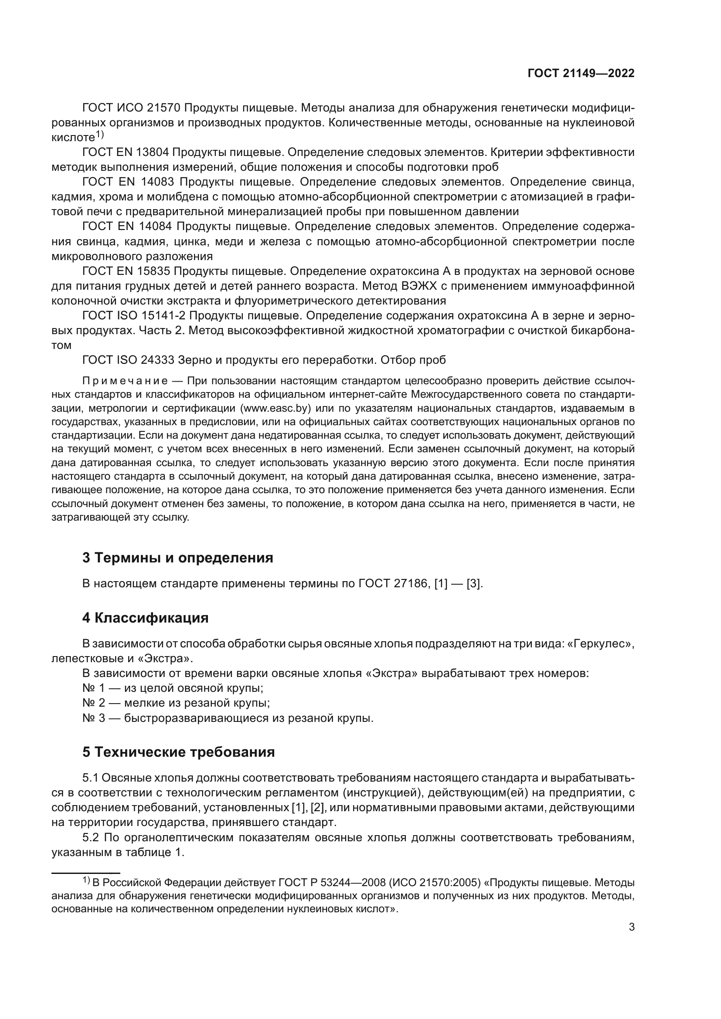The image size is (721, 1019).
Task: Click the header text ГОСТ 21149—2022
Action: point(581,74)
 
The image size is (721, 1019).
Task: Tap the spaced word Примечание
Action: point(125,381)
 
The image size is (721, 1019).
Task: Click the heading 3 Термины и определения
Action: point(177,558)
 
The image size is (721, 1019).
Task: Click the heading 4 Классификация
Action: point(145,617)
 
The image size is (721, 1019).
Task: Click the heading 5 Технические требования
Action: point(178,752)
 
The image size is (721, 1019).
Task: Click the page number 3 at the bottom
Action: point(631,927)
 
